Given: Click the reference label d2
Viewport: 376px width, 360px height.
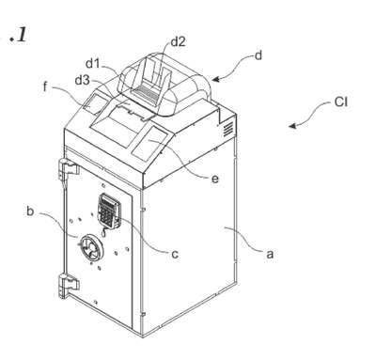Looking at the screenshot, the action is (179, 41).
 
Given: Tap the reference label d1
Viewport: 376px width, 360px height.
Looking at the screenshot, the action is (92, 64).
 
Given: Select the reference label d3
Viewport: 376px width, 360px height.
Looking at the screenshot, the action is (83, 81).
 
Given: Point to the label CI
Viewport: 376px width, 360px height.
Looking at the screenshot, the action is (341, 102).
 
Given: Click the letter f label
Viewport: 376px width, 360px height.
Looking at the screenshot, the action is (45, 86).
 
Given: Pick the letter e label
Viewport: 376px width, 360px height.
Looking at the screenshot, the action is (214, 179).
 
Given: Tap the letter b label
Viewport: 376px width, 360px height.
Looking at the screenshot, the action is (30, 211).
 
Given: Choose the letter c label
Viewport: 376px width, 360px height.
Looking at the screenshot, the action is (175, 254).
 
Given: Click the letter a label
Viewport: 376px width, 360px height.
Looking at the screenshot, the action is (270, 254).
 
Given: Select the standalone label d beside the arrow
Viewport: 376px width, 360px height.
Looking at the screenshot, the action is (258, 55).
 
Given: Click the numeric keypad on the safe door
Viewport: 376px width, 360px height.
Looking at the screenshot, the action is (109, 211).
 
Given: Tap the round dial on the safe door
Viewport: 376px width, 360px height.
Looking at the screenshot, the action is (91, 247).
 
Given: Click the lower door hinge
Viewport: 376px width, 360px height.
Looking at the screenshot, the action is (68, 285).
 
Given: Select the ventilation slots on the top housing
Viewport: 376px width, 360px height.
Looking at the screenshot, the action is (228, 129).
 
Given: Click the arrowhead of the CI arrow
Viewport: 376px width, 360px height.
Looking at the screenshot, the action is (292, 126).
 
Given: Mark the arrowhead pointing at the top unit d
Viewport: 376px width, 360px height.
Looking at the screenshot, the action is (216, 79).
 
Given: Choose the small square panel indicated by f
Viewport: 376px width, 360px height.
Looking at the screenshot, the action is (96, 103).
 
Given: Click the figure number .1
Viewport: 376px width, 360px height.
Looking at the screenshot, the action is (19, 35).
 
